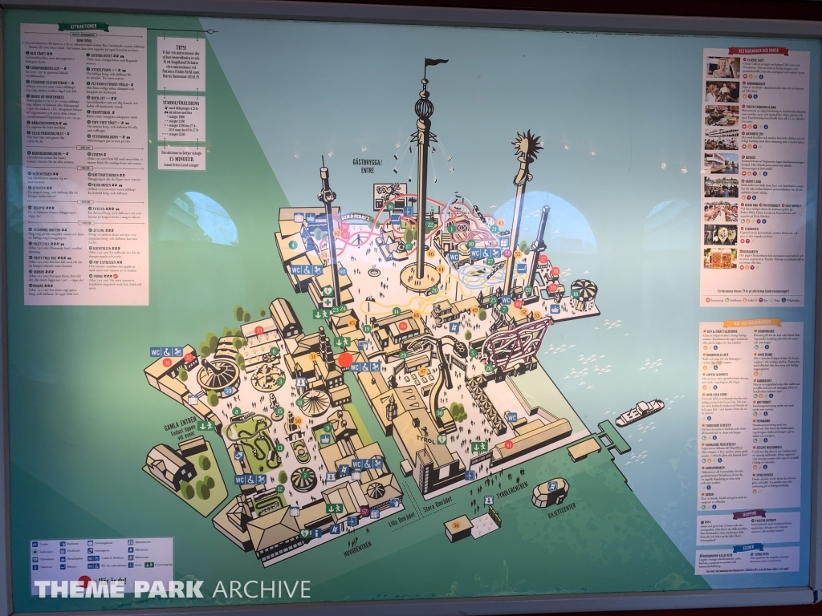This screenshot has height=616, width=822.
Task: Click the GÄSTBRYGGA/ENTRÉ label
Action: [x=370, y=166]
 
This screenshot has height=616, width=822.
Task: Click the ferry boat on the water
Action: [x=639, y=412]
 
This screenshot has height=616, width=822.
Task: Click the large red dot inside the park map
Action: [x=345, y=360]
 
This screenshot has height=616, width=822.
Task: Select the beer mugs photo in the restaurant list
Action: [x=720, y=258]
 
